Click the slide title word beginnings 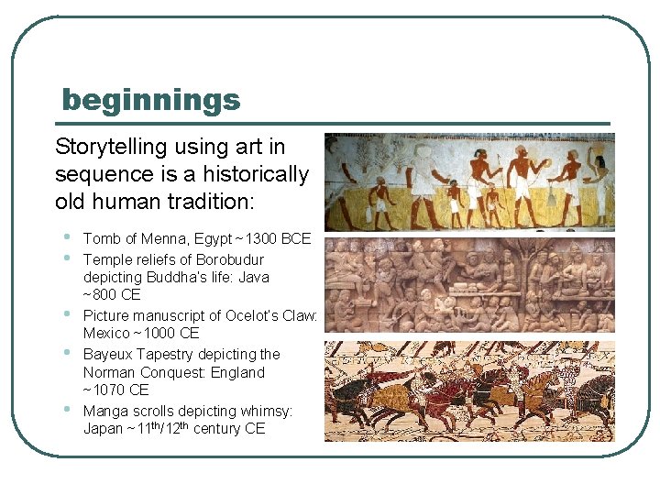pyautogui.click(x=150, y=99)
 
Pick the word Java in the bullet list pyautogui.click(x=253, y=277)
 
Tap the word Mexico pyautogui.click(x=107, y=333)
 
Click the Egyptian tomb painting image pyautogui.click(x=469, y=181)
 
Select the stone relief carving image pyautogui.click(x=469, y=285)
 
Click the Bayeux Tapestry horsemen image pyautogui.click(x=469, y=391)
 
